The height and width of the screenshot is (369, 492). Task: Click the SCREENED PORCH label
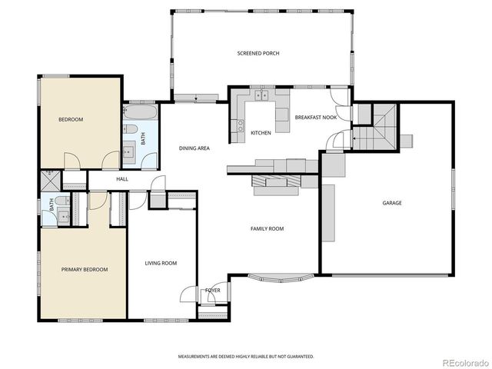pos(258,53)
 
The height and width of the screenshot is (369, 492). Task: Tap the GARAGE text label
pos(392,203)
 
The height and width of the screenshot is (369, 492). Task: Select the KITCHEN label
pos(261,133)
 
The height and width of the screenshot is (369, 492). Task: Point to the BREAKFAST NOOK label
pos(316,117)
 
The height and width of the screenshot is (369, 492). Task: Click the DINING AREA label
pos(194,148)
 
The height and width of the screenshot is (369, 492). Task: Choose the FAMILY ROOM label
pos(267,228)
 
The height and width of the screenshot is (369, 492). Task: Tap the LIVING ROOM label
pos(161,263)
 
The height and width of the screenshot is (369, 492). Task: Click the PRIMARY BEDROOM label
pos(85,269)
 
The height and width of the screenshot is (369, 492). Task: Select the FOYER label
pos(213,290)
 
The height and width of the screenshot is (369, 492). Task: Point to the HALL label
pos(121,179)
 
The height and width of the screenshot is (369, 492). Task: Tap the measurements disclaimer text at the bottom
pos(246,357)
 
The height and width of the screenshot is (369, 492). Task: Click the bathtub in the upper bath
pos(141,111)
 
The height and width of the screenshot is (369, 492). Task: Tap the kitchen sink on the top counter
pos(262,96)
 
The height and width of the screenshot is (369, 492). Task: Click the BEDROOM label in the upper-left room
pos(71,119)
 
